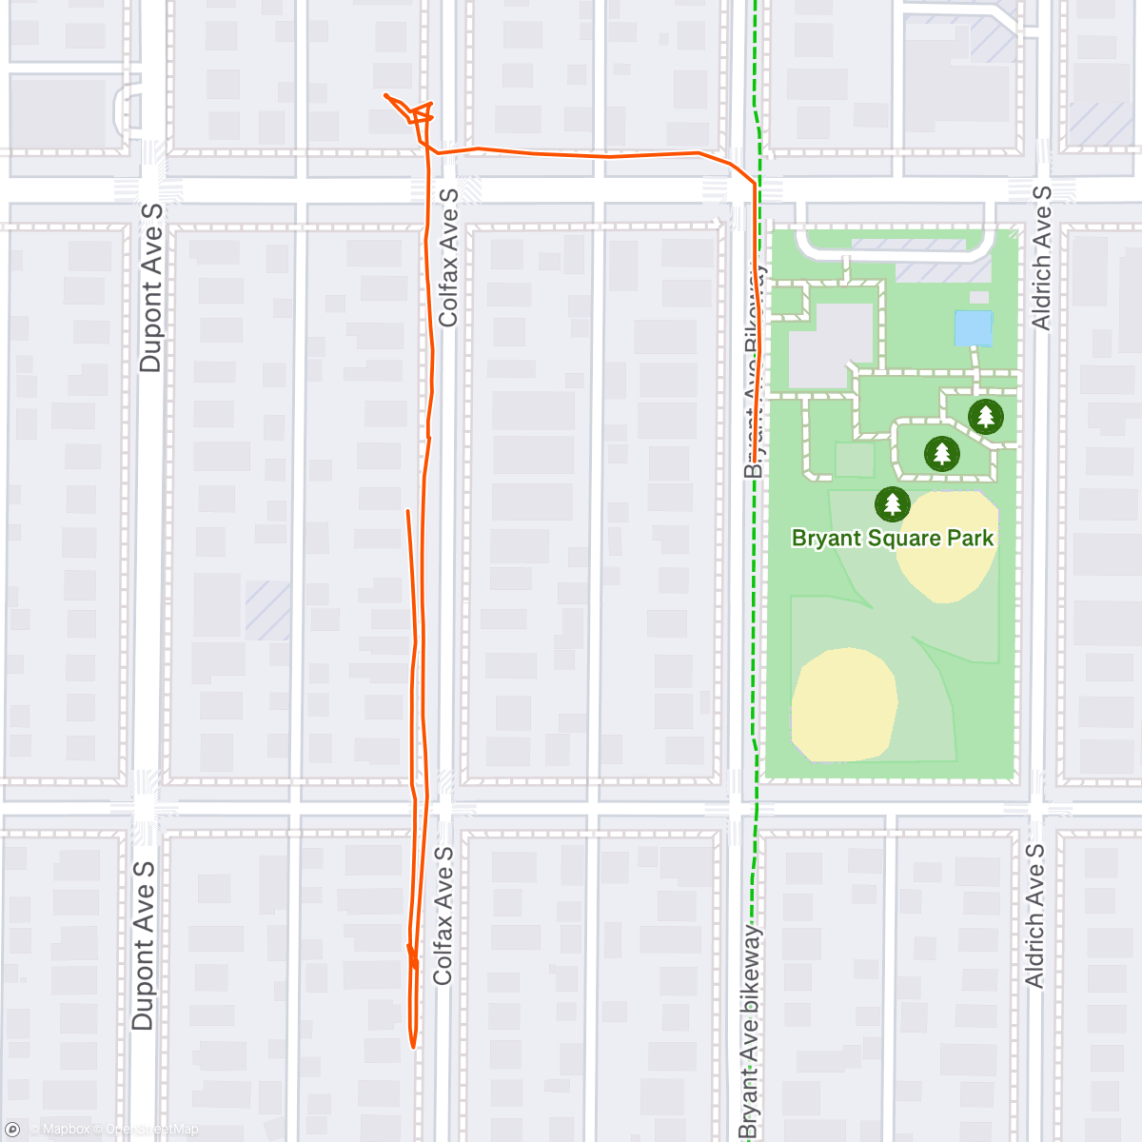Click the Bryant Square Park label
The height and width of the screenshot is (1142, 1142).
(892, 539)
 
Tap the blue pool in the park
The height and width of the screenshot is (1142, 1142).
(974, 328)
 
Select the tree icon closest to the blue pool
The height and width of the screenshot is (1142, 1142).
(985, 416)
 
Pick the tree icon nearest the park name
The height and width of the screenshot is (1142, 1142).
(892, 503)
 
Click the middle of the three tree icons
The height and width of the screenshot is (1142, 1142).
(941, 453)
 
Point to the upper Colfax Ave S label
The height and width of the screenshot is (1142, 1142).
(448, 258)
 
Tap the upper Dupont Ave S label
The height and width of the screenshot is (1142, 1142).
(150, 287)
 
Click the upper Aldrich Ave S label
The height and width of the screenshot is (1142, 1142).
(1042, 258)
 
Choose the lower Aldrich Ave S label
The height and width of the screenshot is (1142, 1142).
(1034, 916)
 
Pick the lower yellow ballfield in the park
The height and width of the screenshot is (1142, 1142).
(844, 704)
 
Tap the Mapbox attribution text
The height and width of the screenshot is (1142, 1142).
(66, 1130)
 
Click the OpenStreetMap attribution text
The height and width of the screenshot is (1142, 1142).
(152, 1130)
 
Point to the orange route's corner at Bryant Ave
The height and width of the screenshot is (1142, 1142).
(755, 183)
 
